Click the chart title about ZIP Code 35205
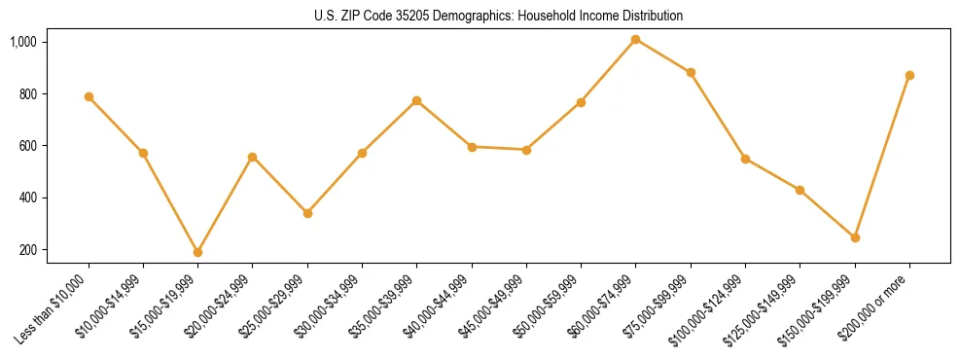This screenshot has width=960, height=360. click(498, 16)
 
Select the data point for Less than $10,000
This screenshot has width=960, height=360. click(89, 96)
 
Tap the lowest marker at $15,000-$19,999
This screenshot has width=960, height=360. click(197, 252)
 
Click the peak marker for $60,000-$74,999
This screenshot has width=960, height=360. click(635, 39)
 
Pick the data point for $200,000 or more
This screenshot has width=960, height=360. click(909, 75)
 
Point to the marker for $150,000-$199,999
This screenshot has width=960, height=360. click(855, 237)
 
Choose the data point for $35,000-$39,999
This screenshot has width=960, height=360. click(416, 100)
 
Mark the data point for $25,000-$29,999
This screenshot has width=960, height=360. click(307, 213)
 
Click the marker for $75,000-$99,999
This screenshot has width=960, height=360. click(691, 72)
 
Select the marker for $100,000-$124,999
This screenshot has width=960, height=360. click(745, 159)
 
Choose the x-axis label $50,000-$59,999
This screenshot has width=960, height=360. click(546, 309)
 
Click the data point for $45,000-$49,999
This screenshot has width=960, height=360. click(526, 150)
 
